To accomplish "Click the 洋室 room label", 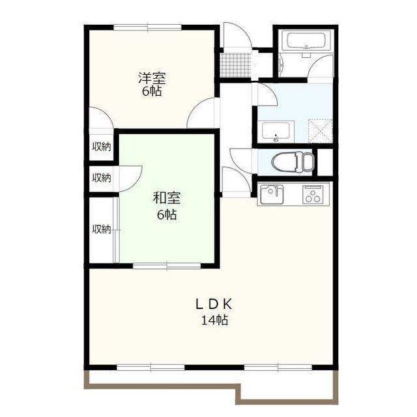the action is coord(152,78).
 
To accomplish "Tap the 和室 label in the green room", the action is coord(167,198).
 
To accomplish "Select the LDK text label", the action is coord(214,304).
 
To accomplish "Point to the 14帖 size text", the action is coord(214,320).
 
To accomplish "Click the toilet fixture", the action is coord(293,161).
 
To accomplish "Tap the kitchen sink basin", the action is coord(272,195).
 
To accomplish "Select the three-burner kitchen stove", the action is coord(313,195).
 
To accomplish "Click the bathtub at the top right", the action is coord(306,41).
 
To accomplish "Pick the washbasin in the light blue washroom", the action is coord(276,132).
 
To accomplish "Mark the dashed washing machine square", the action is coord(320,131).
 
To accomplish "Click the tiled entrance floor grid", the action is coord(236,65).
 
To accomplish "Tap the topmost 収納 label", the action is coord(102,147).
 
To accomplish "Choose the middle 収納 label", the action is coord(102,178).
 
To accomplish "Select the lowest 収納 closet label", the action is coord(102,229).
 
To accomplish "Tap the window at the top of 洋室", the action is coord(148,27).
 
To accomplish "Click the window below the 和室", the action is coord(167,266).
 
